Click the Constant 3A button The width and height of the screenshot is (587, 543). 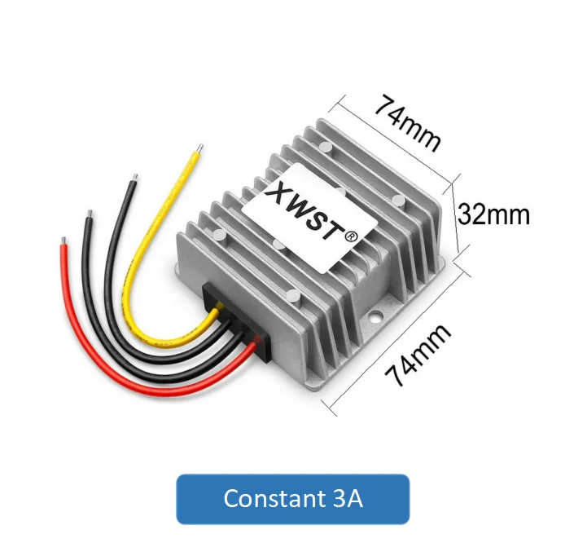(x=292, y=498)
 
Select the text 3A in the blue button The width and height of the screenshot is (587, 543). (x=346, y=498)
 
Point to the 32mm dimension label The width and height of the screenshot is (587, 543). (x=493, y=214)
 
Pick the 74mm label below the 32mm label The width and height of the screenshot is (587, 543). (x=417, y=354)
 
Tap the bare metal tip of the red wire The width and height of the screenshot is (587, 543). (x=62, y=241)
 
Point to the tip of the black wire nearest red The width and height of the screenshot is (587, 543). (x=89, y=216)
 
